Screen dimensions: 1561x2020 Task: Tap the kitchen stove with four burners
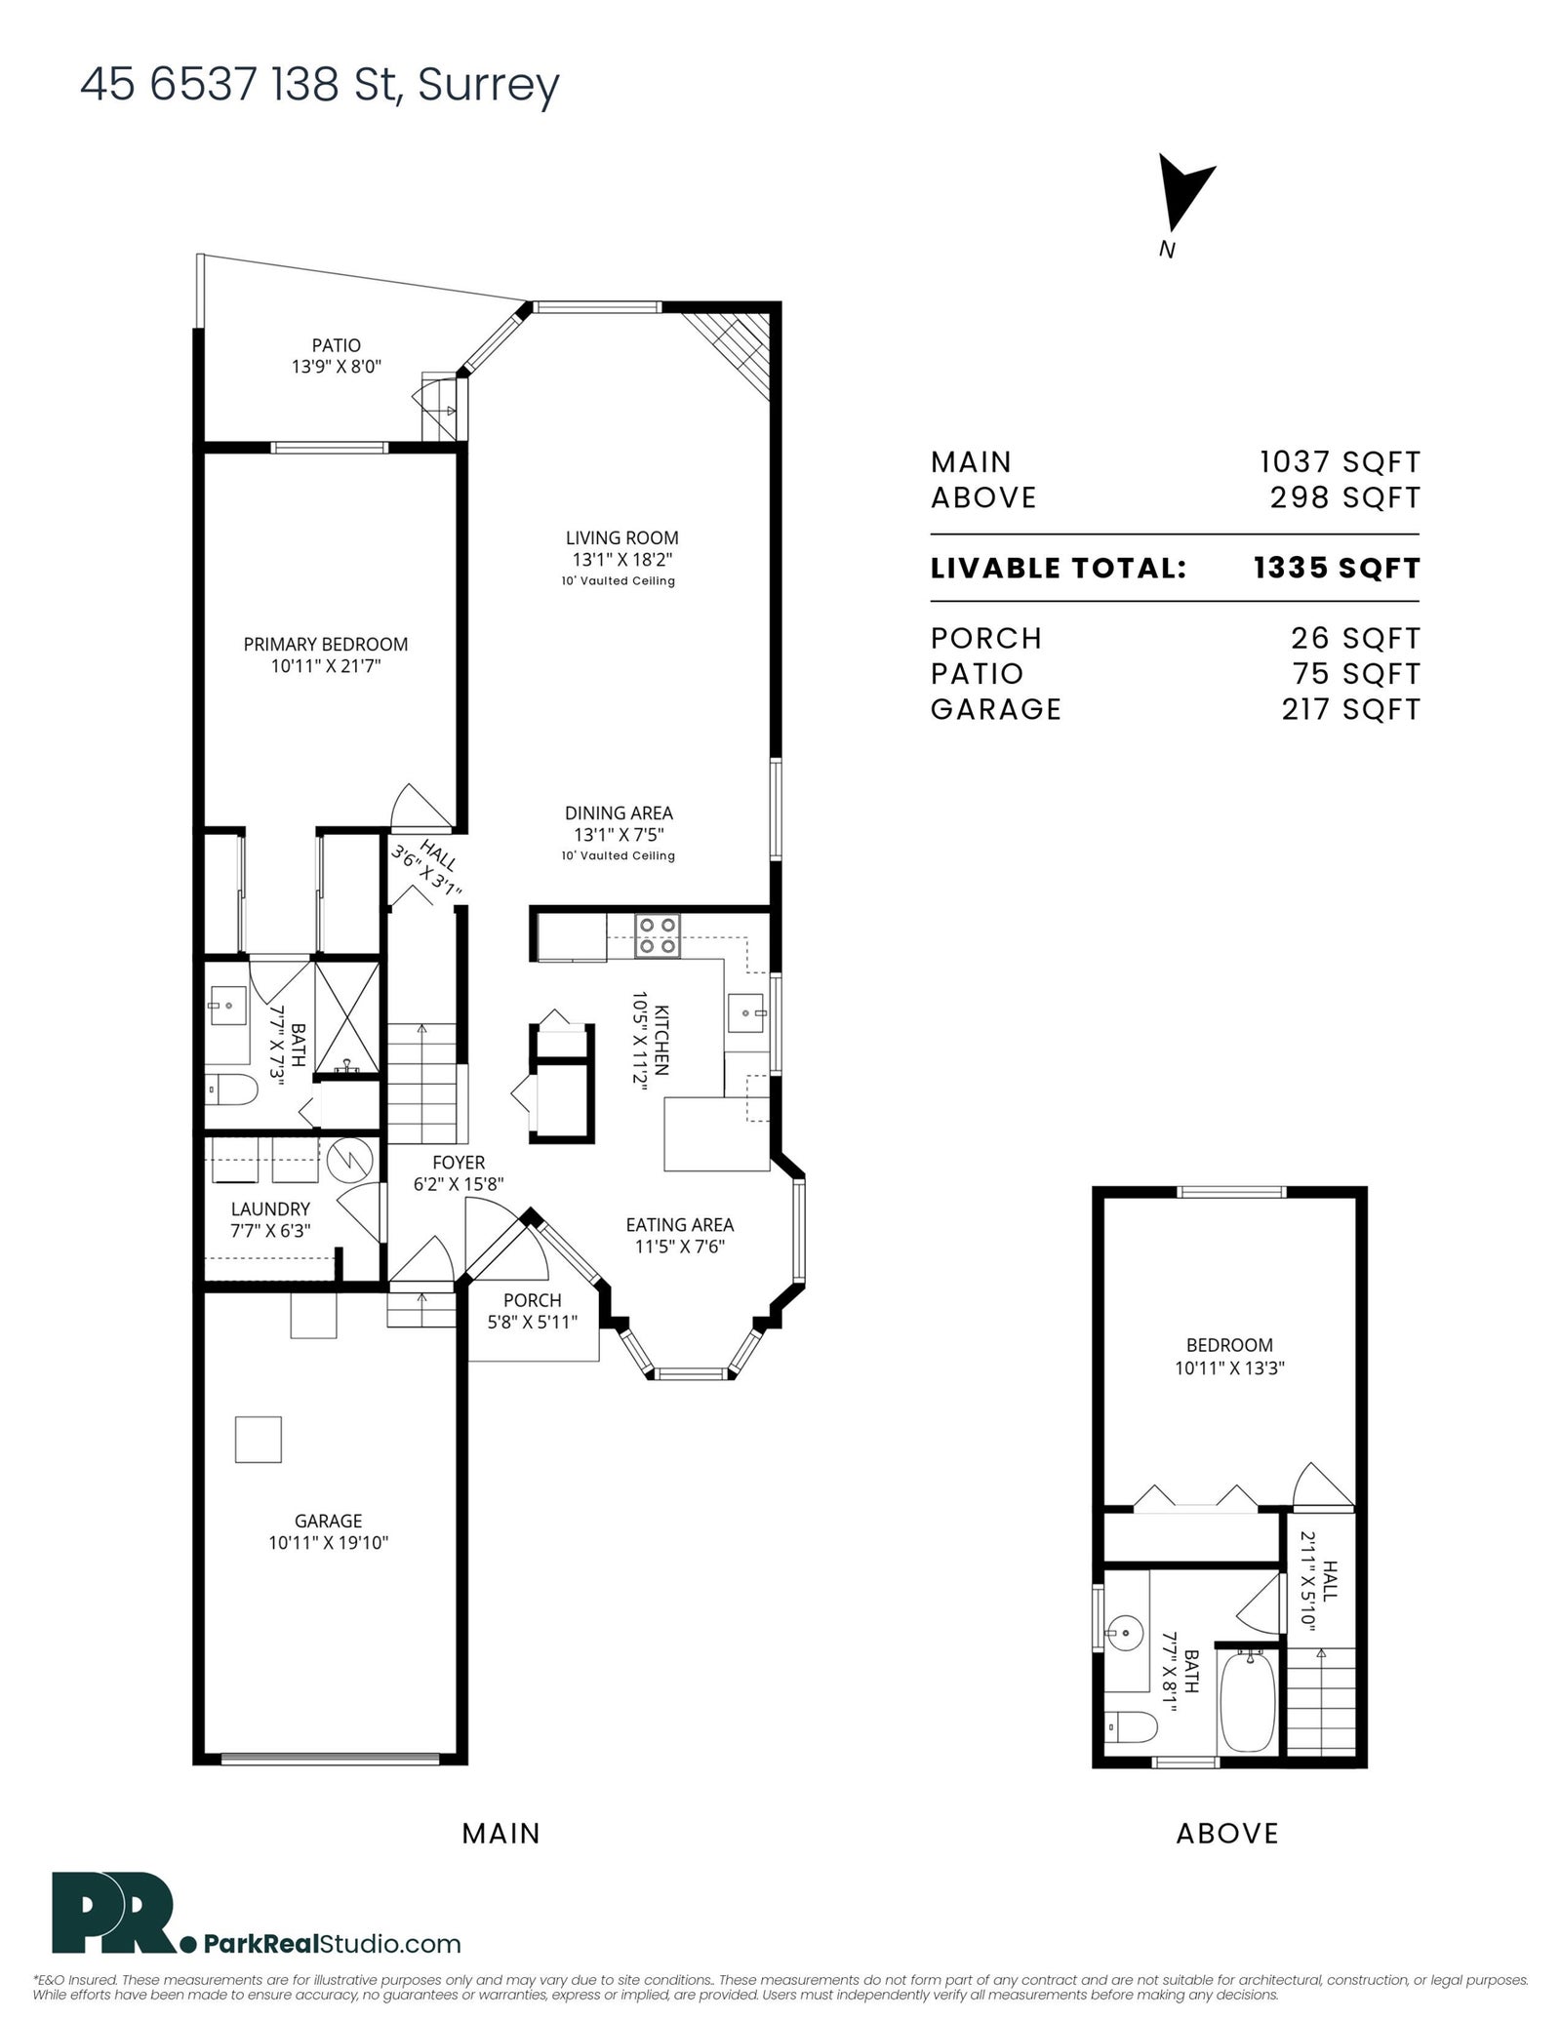pos(658,934)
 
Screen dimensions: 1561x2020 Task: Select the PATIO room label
pos(337,345)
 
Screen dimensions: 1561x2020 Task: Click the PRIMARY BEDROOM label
pos(326,644)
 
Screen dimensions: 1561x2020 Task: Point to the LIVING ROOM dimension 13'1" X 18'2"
pos(622,560)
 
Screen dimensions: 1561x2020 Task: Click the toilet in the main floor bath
pos(230,1089)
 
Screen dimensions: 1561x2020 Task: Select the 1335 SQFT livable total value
pos(1337,568)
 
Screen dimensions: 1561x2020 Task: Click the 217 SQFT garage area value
pos(1351,709)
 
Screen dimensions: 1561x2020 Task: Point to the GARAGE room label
pos(329,1521)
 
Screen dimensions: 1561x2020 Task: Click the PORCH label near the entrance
pos(533,1300)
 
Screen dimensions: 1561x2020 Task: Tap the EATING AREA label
pos(680,1225)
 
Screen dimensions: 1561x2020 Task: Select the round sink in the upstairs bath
pos(1125,1631)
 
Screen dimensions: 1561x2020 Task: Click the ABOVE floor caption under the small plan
pos(1227,1834)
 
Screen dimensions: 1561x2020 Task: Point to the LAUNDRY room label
pos(270,1209)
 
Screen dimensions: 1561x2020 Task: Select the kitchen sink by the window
pos(746,1013)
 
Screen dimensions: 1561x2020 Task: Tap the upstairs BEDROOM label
pos(1229,1345)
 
